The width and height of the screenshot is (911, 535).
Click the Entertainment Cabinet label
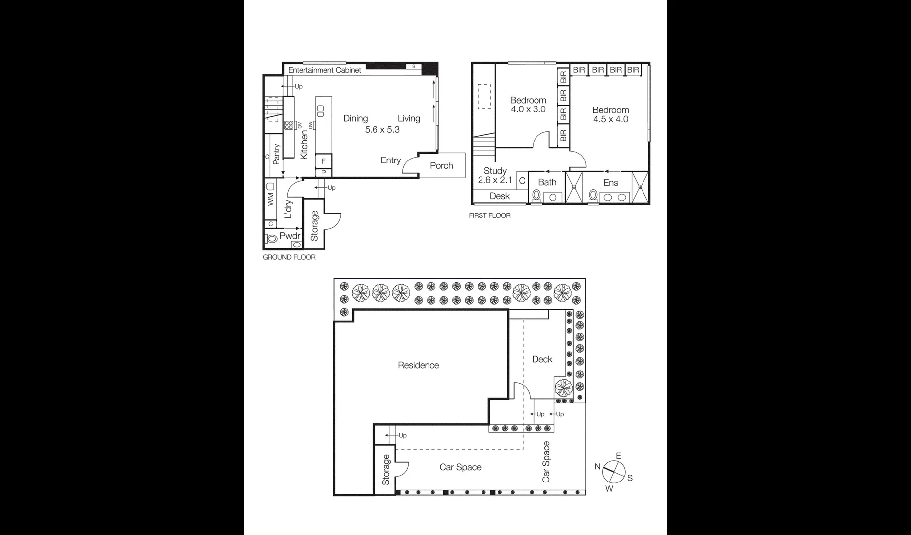(324, 70)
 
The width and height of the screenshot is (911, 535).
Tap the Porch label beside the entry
(441, 166)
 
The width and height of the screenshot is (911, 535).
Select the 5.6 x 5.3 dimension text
(382, 130)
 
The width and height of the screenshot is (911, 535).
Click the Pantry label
(276, 155)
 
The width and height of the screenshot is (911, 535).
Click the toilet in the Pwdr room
(271, 239)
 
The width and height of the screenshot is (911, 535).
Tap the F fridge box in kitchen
(323, 161)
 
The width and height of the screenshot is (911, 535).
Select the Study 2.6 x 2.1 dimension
(495, 180)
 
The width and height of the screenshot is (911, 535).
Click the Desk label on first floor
(499, 196)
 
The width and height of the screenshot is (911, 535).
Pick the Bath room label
(547, 182)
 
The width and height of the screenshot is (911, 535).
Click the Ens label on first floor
(610, 183)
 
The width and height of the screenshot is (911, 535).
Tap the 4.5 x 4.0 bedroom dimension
(610, 119)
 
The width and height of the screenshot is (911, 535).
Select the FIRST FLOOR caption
(489, 215)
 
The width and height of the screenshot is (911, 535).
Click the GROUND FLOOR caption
(289, 257)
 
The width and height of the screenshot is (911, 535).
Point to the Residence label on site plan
(418, 365)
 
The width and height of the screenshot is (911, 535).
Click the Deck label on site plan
(542, 359)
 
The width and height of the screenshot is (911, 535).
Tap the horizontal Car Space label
(460, 467)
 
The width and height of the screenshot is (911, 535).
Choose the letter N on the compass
(597, 466)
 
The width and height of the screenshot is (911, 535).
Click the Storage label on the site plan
(386, 470)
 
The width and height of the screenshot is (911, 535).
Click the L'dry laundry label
(288, 209)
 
